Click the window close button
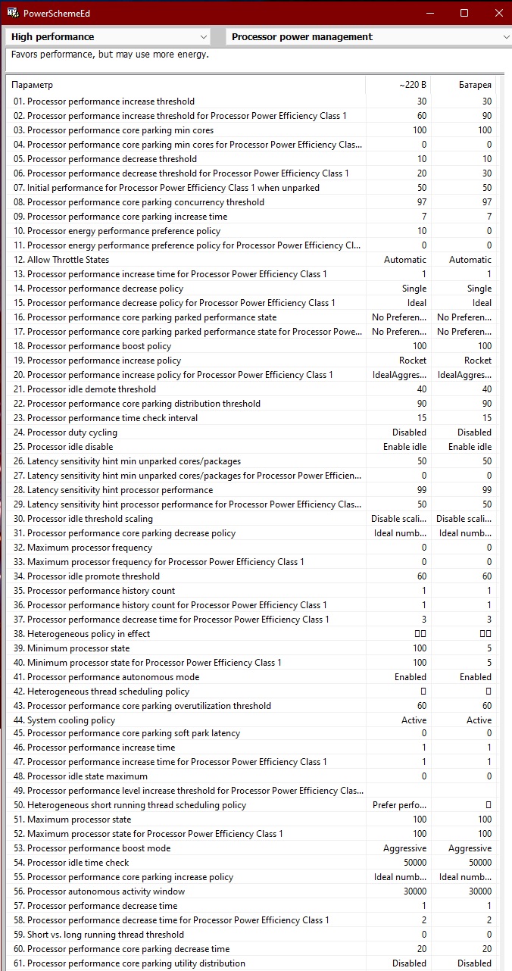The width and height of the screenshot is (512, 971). [x=498, y=13]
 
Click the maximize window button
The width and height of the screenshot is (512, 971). [x=464, y=13]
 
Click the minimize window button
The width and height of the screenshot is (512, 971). [x=430, y=13]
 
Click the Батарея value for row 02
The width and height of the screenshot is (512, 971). [x=486, y=116]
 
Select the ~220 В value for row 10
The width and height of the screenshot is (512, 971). [x=421, y=231]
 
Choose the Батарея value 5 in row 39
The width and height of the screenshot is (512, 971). [x=489, y=648]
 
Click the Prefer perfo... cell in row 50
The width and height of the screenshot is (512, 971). [x=399, y=805]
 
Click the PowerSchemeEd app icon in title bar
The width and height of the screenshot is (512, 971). [x=11, y=13]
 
